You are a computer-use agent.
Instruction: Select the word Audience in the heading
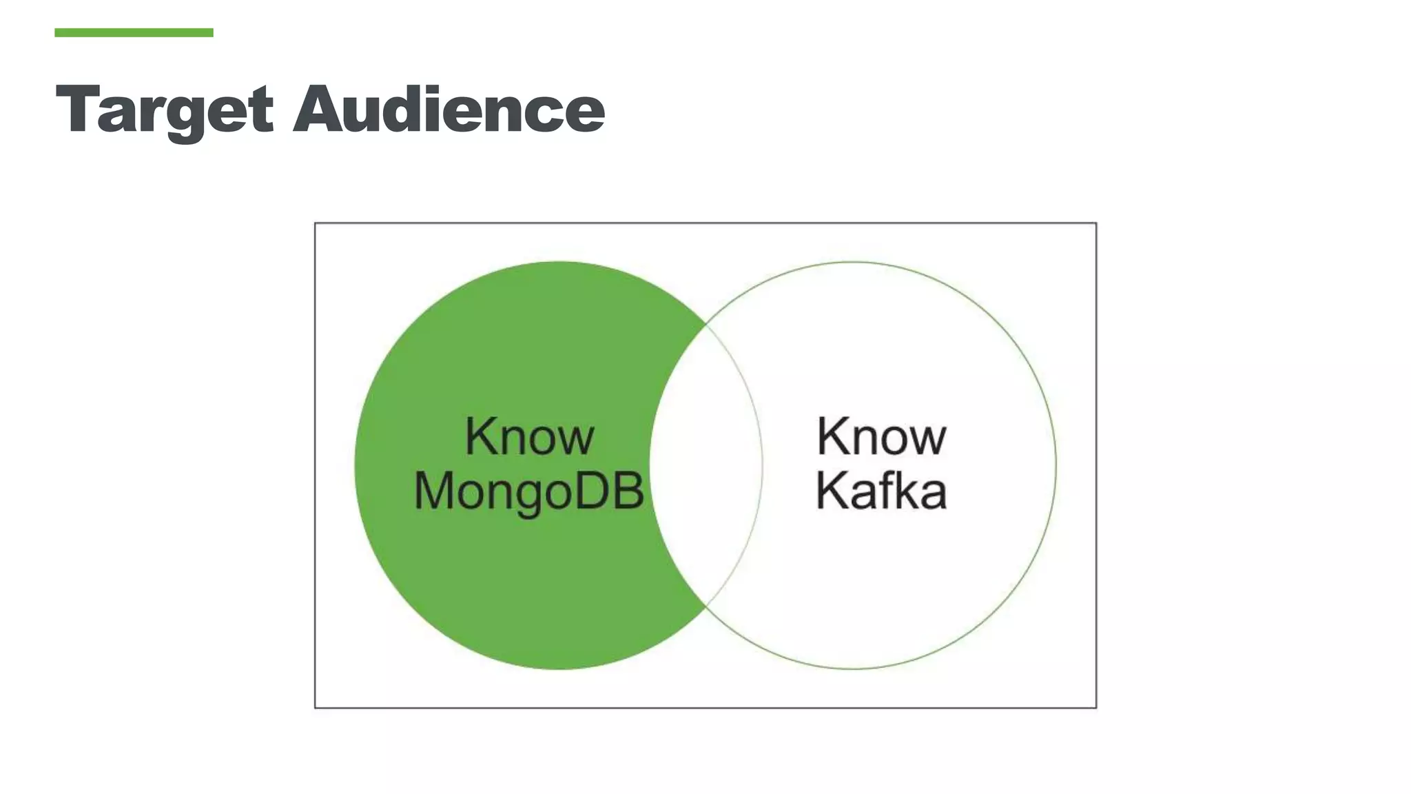(x=449, y=109)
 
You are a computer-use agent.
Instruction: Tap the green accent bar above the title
(x=134, y=32)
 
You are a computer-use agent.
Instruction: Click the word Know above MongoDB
(x=529, y=436)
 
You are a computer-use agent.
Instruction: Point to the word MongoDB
(x=529, y=492)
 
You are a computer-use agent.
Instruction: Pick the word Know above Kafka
(x=881, y=436)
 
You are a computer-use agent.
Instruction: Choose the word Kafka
(x=881, y=491)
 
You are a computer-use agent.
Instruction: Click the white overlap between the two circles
(x=706, y=465)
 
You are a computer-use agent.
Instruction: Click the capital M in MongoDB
(x=436, y=491)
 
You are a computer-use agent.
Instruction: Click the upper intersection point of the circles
(x=706, y=324)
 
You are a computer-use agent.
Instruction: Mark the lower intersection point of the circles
(x=706, y=607)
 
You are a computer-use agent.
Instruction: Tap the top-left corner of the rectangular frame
(x=316, y=223)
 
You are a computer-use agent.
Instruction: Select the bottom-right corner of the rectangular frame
(x=1095, y=707)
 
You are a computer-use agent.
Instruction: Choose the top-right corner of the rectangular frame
(x=1095, y=223)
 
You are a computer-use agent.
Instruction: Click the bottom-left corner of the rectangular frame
(x=316, y=707)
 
